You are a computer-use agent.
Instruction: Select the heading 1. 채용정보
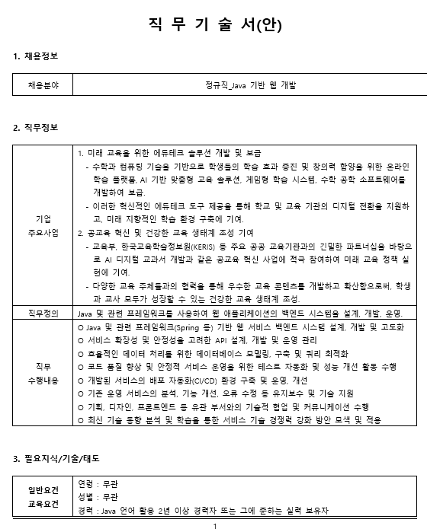coord(36,57)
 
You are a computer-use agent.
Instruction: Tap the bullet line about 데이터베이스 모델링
coord(213,354)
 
